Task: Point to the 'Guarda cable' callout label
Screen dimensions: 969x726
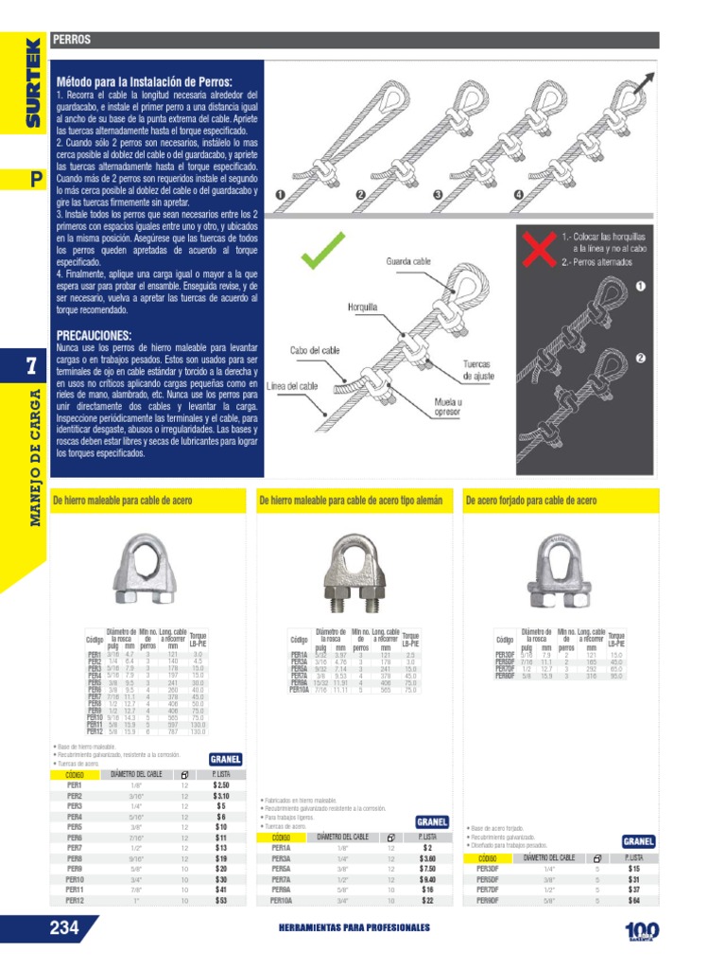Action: click(408, 260)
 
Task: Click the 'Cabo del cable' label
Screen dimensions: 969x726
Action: click(314, 349)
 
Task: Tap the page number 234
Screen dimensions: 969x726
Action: click(63, 928)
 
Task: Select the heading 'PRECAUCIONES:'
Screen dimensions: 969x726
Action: click(94, 336)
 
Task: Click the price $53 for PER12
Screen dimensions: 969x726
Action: click(221, 901)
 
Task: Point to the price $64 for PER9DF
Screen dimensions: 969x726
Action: click(633, 901)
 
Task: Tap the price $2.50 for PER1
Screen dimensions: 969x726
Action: click(221, 785)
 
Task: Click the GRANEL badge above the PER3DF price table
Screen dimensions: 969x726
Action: click(639, 841)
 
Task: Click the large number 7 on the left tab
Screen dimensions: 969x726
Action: click(31, 370)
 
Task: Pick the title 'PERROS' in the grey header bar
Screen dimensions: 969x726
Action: click(72, 40)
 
